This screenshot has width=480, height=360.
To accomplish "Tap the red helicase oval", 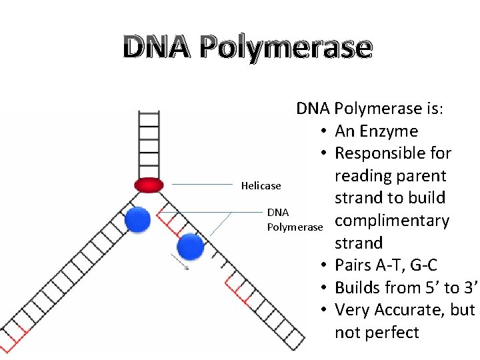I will [149, 185].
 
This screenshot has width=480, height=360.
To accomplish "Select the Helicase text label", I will [261, 186].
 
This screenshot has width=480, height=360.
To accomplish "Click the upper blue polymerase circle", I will [138, 219].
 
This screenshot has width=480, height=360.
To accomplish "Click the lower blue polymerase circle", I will [191, 247].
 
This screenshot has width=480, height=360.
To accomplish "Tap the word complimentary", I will [392, 221].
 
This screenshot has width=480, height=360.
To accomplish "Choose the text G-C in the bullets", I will [423, 265].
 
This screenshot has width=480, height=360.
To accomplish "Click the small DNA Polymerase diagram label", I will [293, 220].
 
